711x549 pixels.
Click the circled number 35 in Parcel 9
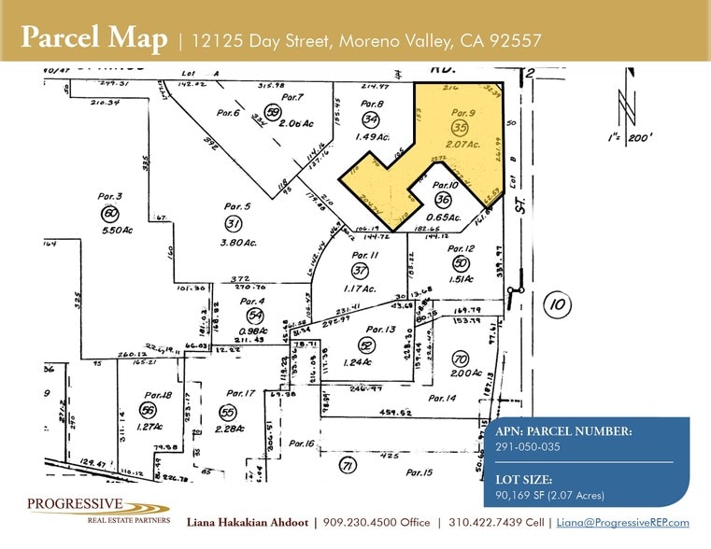[x=459, y=128]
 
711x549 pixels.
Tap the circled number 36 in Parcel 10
[x=443, y=200]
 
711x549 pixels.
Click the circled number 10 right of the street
[x=557, y=303]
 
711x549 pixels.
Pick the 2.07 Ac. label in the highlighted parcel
[x=462, y=145]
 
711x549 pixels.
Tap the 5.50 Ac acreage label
[x=112, y=230]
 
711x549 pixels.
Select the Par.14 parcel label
[x=442, y=399]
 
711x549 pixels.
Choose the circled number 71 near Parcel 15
[x=348, y=464]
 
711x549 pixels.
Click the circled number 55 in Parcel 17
[x=226, y=411]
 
